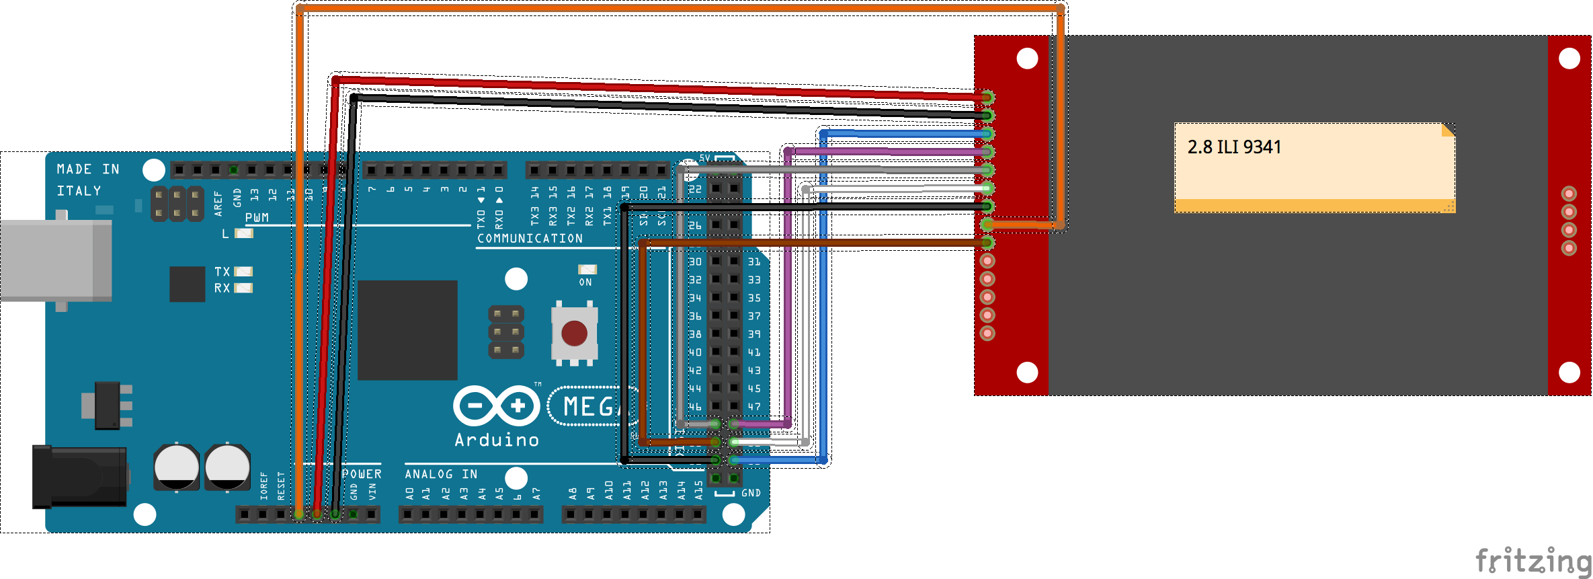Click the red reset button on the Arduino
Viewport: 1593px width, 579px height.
[x=574, y=333]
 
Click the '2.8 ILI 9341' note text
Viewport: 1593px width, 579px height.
[x=1234, y=147]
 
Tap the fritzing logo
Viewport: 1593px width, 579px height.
[x=1533, y=560]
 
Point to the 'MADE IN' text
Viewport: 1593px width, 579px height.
[x=88, y=169]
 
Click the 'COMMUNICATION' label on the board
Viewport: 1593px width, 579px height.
[x=530, y=239]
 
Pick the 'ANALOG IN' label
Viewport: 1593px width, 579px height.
[x=441, y=474]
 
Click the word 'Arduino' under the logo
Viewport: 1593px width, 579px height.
[x=497, y=440]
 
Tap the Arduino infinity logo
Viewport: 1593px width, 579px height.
[x=497, y=406]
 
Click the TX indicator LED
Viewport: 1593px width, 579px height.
[x=243, y=272]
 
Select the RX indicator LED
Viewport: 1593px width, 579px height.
[x=243, y=288]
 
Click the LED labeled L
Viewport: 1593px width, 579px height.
[x=244, y=233]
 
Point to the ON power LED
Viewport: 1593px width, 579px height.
[x=587, y=270]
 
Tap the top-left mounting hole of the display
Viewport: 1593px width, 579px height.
[x=1027, y=59]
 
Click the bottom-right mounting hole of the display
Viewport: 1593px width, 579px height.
[x=1569, y=372]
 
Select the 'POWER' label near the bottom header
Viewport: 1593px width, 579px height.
[x=362, y=474]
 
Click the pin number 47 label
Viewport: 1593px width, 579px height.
[x=754, y=407]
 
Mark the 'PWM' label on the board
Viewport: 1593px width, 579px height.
[x=257, y=218]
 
